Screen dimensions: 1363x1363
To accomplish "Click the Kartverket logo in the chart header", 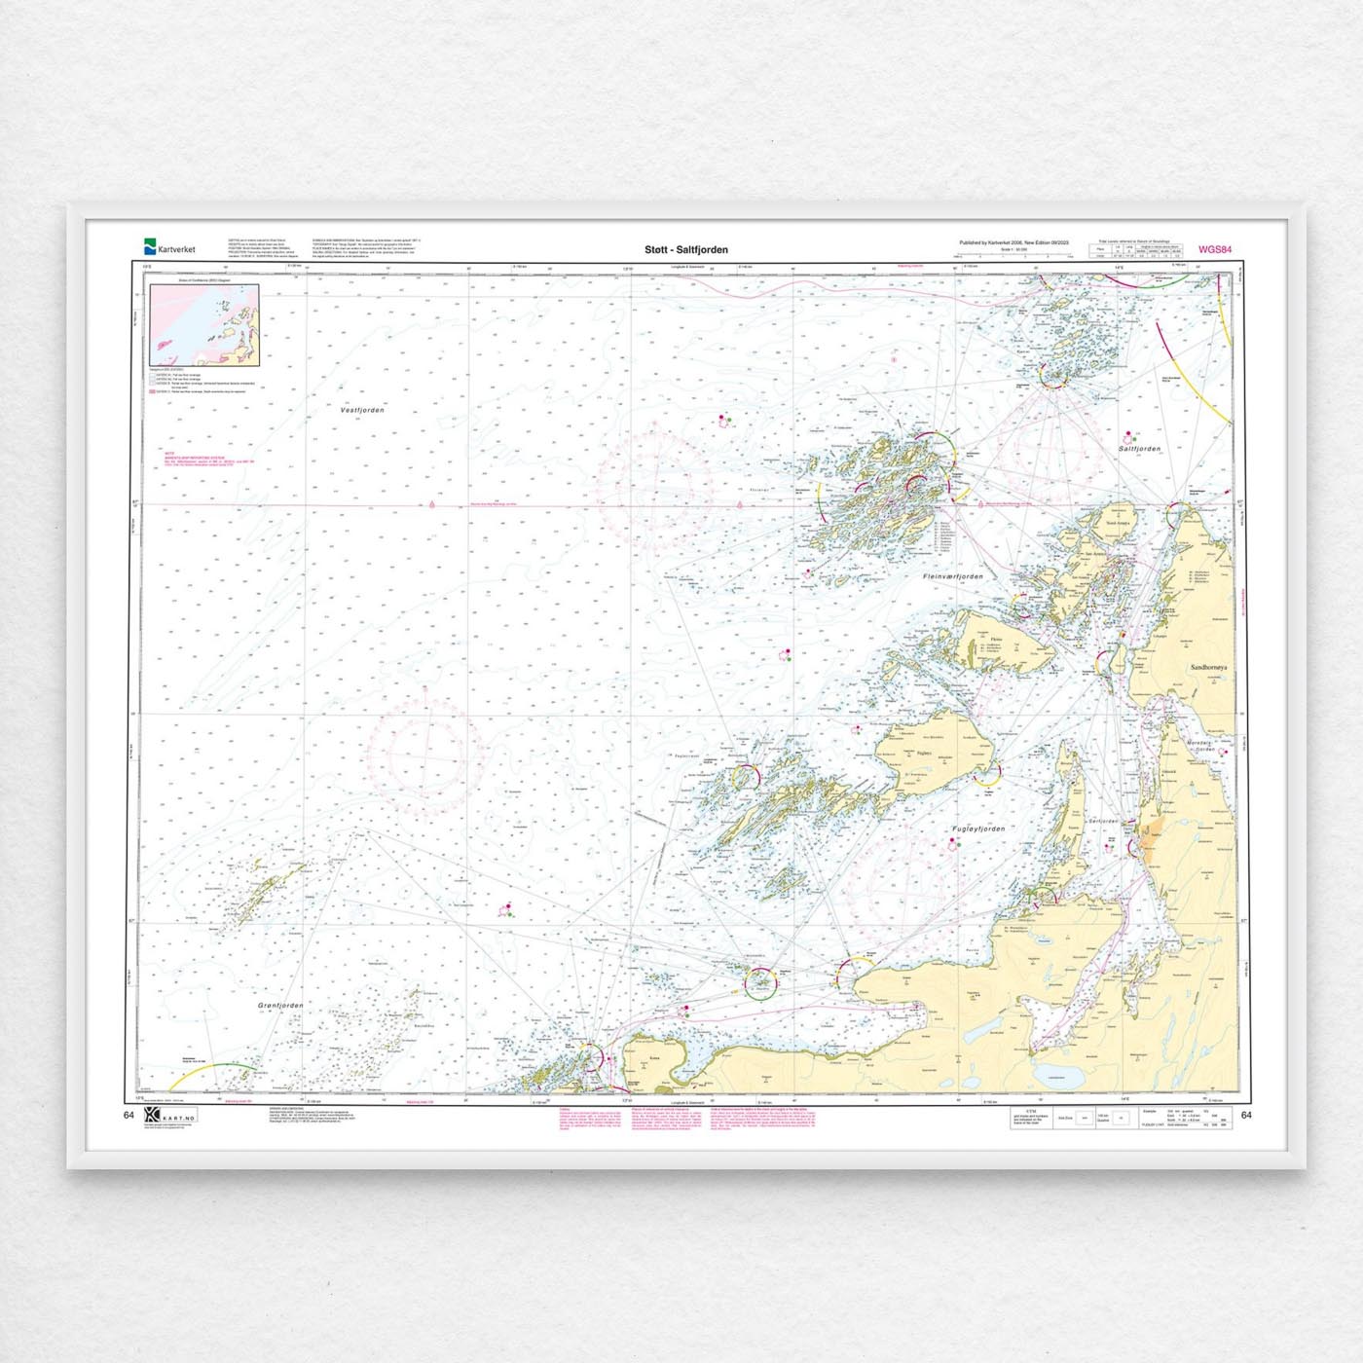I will coord(169,247).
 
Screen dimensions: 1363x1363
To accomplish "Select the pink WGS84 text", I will coord(1215,250).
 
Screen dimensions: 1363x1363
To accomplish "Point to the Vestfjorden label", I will coord(362,410).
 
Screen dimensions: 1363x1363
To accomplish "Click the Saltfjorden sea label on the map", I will coord(1139,449).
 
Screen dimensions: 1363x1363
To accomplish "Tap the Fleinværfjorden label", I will coord(953,576).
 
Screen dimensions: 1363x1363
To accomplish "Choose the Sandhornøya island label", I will coord(1209,668).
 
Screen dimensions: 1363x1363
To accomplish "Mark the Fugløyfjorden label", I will coord(978,829).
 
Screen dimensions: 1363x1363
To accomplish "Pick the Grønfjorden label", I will coord(280,1005).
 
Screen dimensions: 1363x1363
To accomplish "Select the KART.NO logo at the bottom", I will coord(169,1117).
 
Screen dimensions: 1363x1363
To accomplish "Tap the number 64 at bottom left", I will coord(129,1116).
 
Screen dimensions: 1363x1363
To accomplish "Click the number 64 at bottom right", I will coord(1247,1116).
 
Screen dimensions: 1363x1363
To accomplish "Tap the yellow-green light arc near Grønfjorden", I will coord(219,1069).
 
